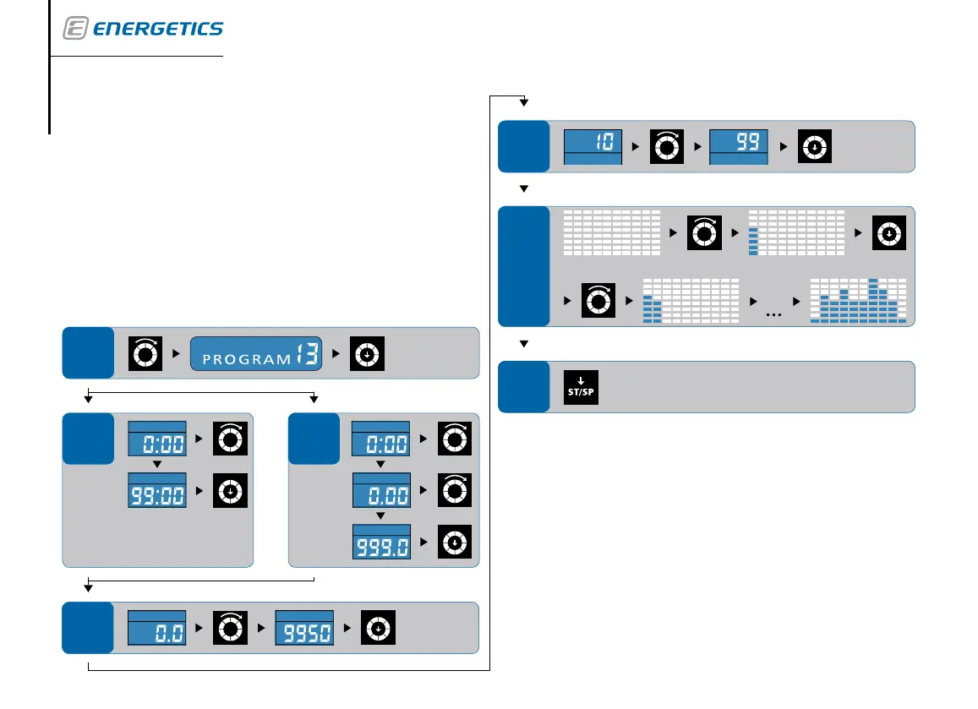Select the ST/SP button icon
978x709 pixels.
[x=581, y=387]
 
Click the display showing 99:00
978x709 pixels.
[x=156, y=490]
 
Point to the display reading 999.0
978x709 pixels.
[x=380, y=542]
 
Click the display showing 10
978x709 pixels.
[x=593, y=146]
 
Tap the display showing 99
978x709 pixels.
[x=738, y=146]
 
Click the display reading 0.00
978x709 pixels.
[x=380, y=490]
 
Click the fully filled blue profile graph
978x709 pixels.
[x=857, y=301]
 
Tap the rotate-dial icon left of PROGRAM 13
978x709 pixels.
[x=144, y=353]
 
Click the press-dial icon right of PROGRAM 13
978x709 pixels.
[x=367, y=353]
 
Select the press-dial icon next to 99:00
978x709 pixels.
[x=232, y=490]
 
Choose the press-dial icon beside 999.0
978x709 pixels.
[x=455, y=542]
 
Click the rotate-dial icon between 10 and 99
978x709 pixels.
[x=665, y=146]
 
